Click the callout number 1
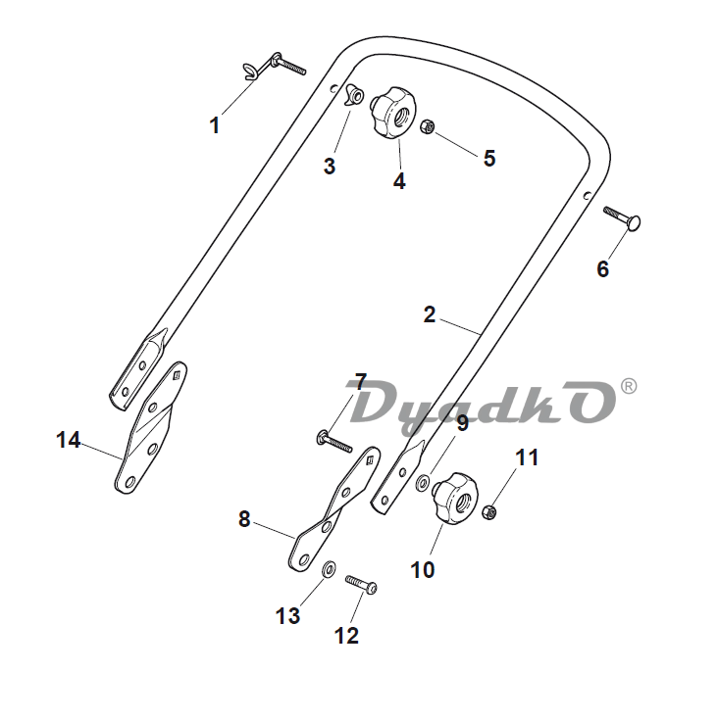click(x=214, y=125)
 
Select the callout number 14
click(x=68, y=440)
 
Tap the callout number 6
click(x=603, y=268)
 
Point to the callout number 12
click(x=346, y=636)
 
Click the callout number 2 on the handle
click(x=430, y=315)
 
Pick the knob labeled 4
click(x=393, y=112)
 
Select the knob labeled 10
click(x=456, y=499)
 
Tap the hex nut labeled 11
click(x=489, y=511)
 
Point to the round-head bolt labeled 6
click(x=622, y=217)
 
